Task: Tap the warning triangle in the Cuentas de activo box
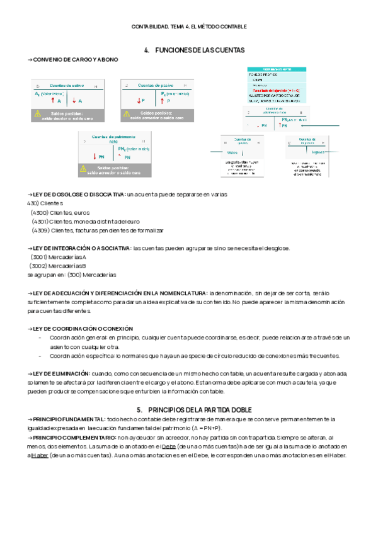38,114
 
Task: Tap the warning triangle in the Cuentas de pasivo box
127,114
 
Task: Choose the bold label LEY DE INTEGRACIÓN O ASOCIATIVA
80,248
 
